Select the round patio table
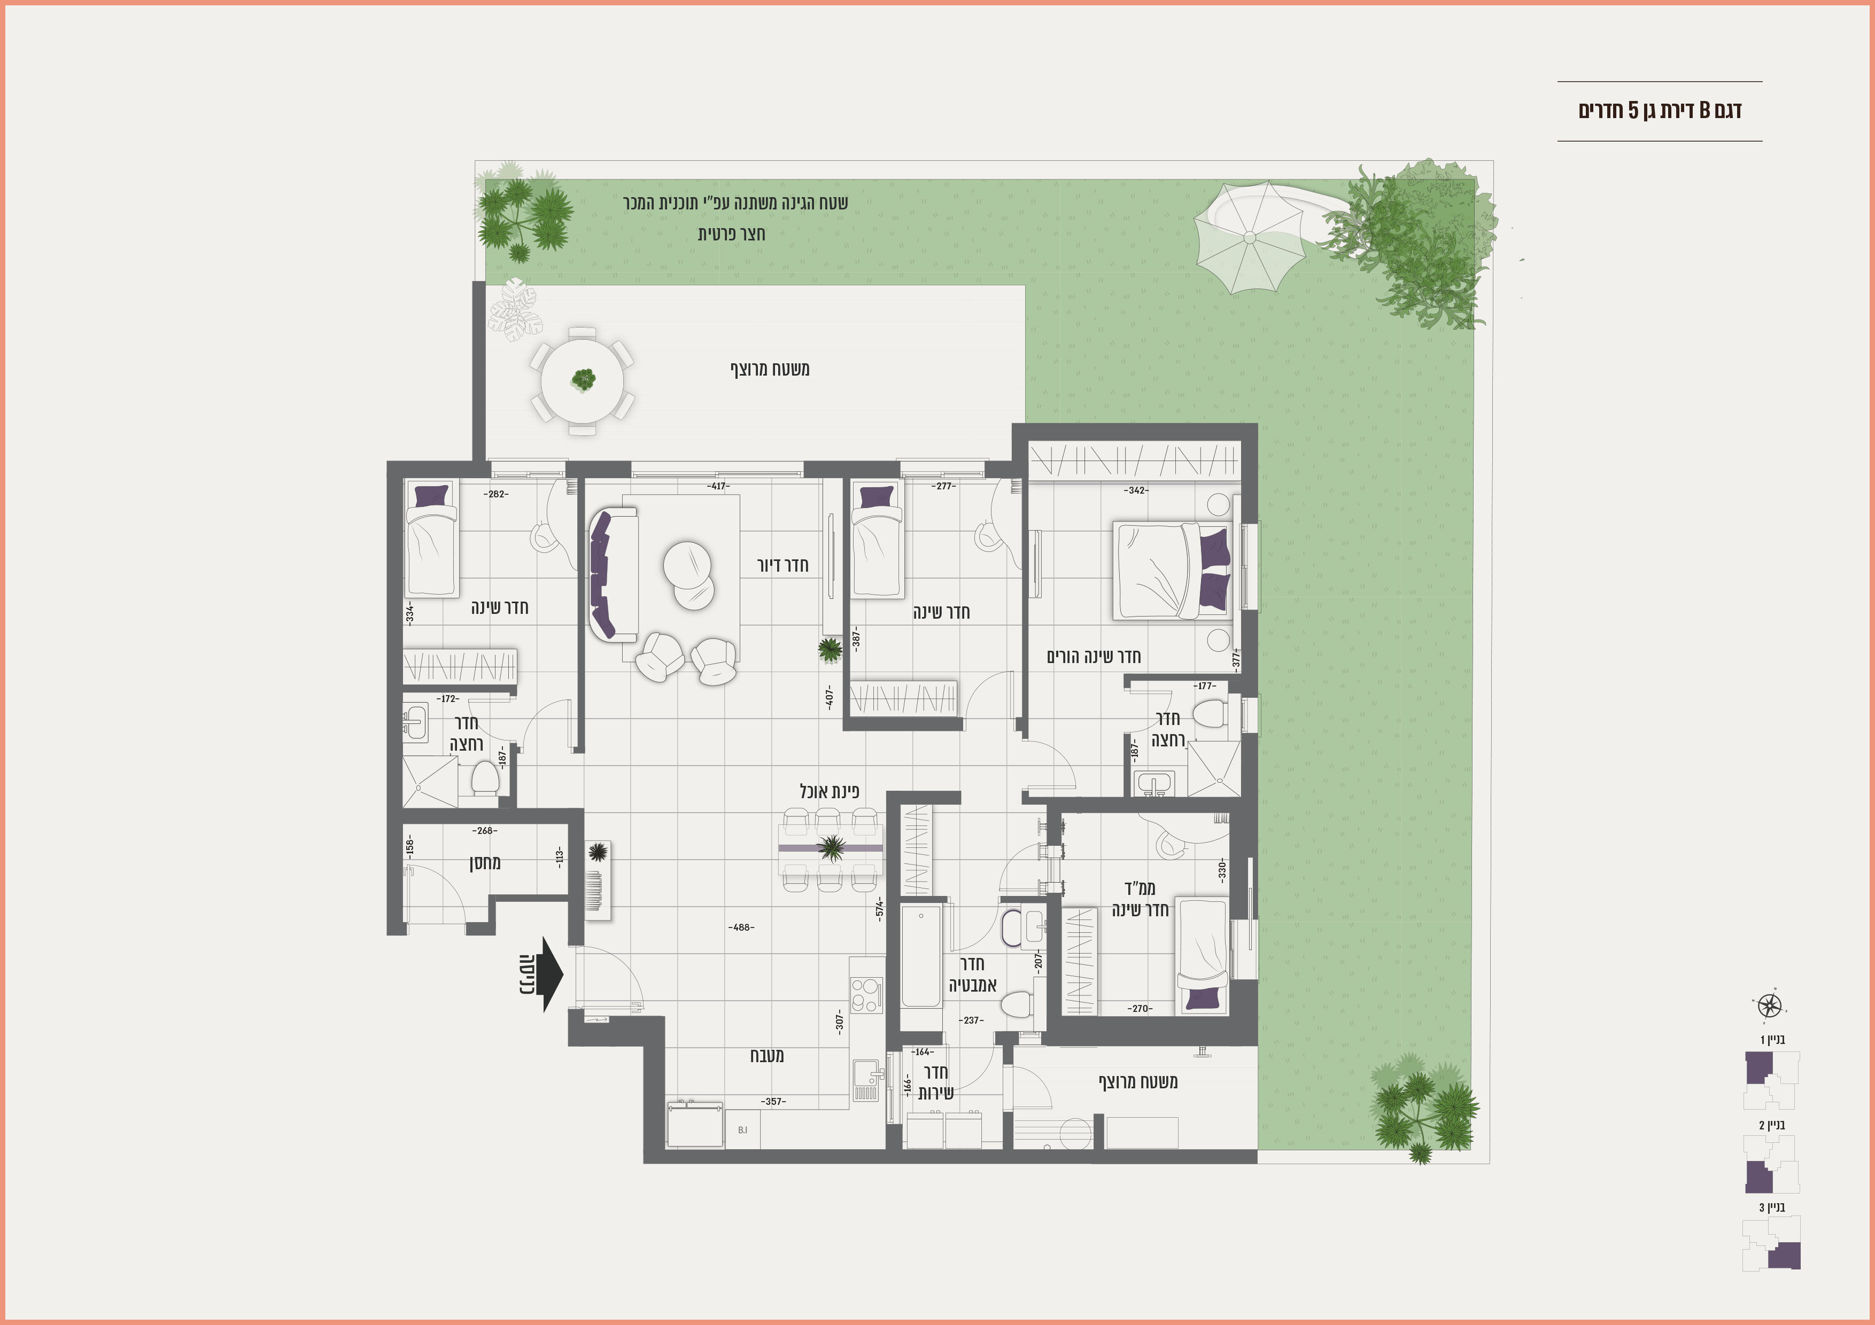582,380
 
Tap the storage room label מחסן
485,863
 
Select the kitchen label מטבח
767,1056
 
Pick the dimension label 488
741,927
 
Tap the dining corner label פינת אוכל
830,791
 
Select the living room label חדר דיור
782,565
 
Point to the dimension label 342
1136,490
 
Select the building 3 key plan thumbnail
1771,1243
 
